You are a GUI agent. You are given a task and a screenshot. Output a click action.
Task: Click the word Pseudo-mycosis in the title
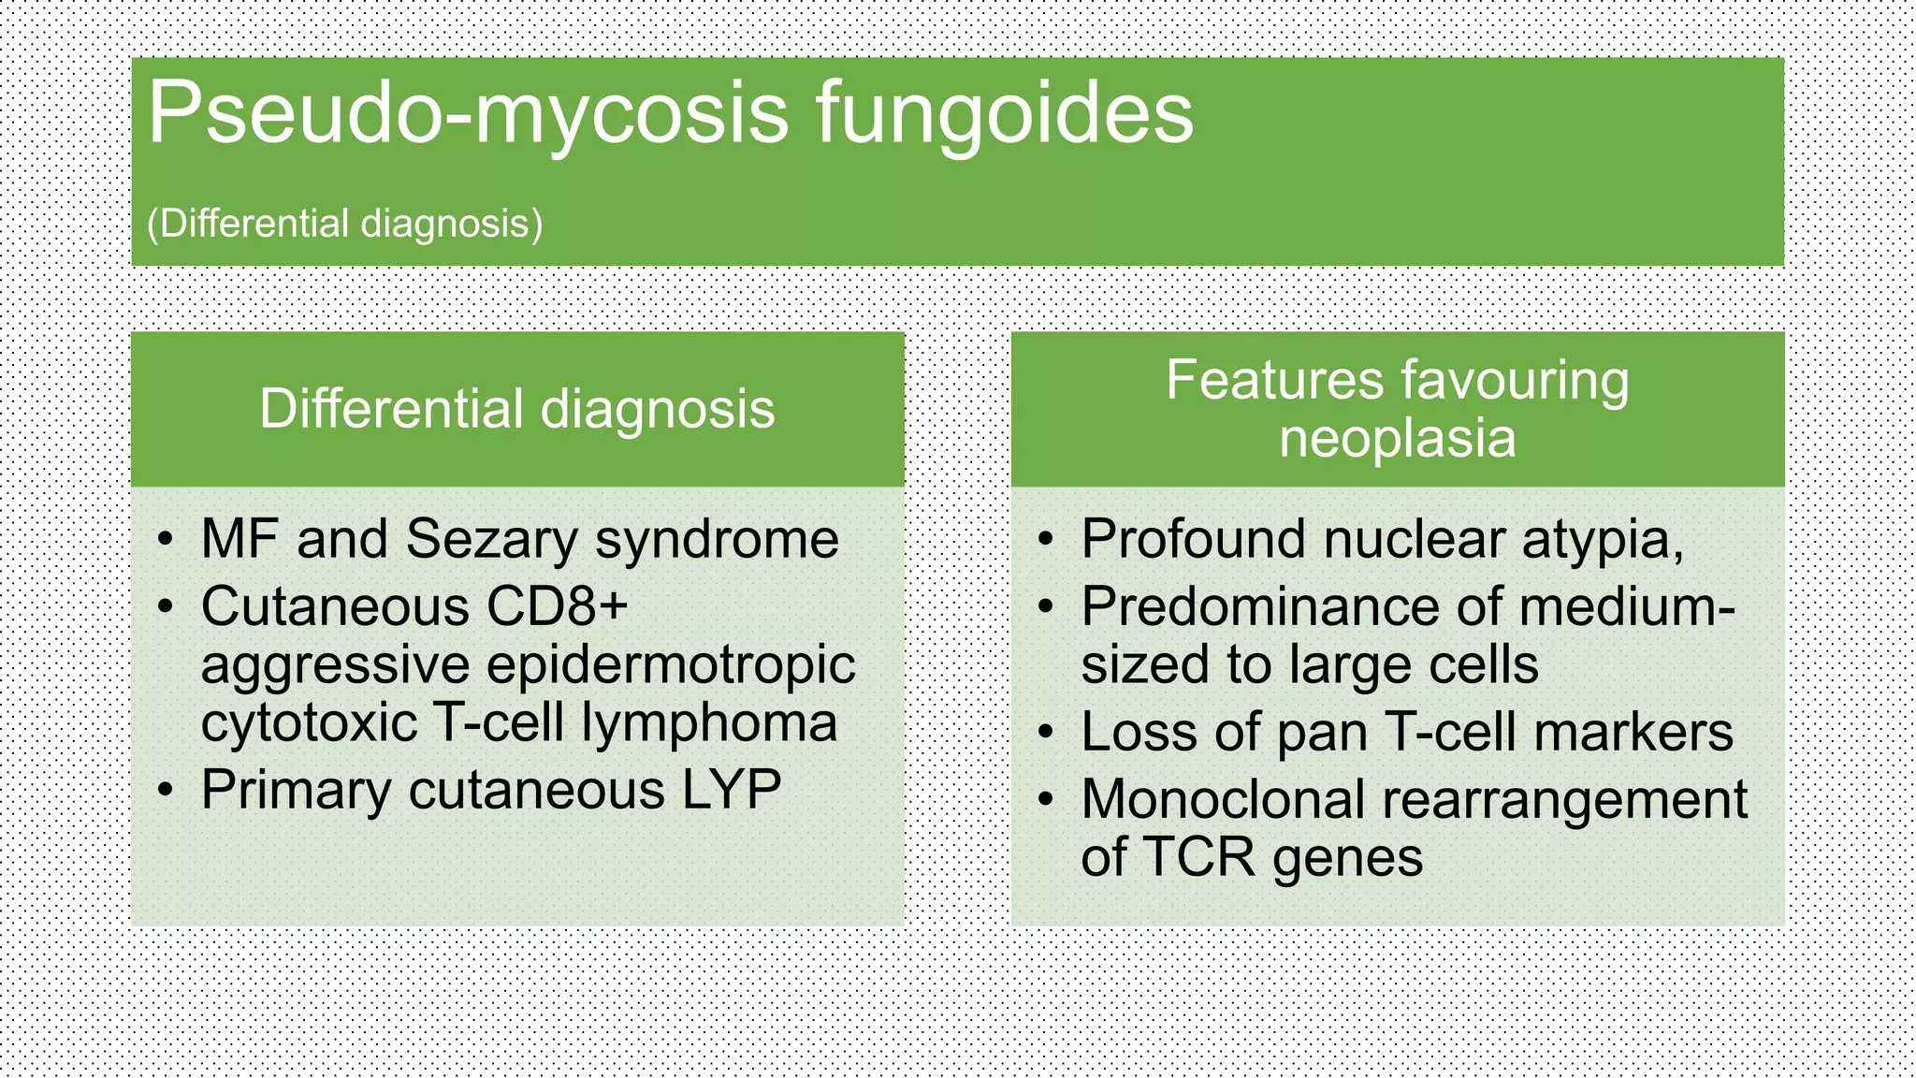pos(468,114)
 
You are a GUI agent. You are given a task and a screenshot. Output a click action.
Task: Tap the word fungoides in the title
pos(1005,114)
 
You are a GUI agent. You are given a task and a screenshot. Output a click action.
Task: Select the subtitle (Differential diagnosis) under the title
pos(344,224)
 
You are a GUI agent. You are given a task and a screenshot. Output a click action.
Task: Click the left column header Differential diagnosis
pos(517,409)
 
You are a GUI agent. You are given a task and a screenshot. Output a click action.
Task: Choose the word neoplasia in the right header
pos(1397,438)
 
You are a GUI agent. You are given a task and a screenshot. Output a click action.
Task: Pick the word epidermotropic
pos(671,665)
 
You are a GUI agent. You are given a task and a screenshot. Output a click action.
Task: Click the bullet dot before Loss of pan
pos(1046,733)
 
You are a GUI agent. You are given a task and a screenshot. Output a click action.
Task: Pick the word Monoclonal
pos(1223,799)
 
